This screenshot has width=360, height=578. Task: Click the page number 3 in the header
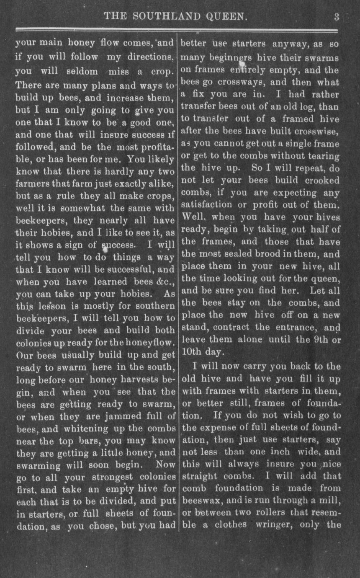pyautogui.click(x=337, y=17)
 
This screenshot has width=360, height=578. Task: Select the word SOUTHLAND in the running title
pyautogui.click(x=165, y=17)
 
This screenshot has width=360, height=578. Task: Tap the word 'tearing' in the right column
pyautogui.click(x=324, y=156)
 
